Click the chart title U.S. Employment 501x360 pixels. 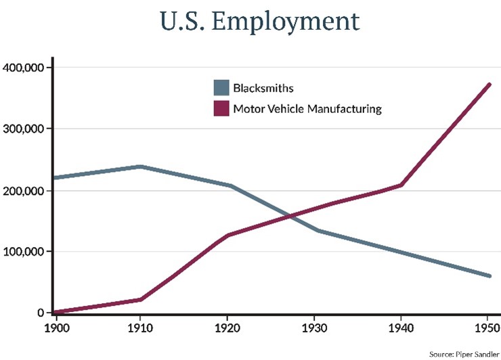259,22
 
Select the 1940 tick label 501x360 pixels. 400,328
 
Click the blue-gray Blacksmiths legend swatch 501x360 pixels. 221,88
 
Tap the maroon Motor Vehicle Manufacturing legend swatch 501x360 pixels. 221,108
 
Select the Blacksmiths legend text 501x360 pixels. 263,89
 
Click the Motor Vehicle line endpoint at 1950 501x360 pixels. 488,85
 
